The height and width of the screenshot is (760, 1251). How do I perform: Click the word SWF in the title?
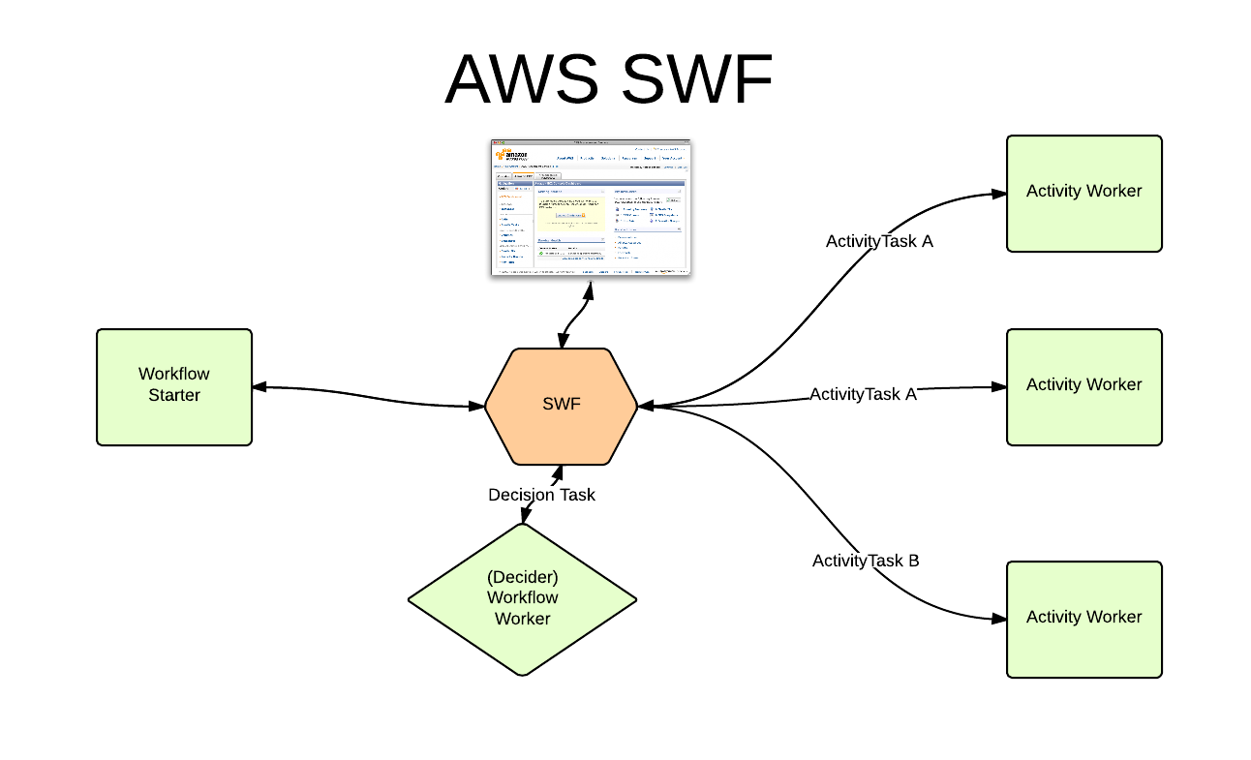tap(697, 79)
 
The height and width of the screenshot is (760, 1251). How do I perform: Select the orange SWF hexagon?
tap(562, 406)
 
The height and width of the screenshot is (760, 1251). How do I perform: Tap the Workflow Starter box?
tap(174, 386)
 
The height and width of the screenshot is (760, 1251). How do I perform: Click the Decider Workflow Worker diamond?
tap(523, 598)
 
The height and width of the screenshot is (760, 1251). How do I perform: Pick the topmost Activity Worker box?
tap(1083, 193)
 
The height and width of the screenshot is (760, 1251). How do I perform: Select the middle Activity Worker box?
tap(1083, 386)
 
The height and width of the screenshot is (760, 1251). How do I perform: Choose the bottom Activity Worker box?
tap(1083, 619)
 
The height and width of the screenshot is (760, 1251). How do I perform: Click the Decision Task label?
tap(541, 495)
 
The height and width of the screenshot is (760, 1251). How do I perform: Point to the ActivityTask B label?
tap(866, 561)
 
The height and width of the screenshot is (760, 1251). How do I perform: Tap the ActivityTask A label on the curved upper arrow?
tap(879, 241)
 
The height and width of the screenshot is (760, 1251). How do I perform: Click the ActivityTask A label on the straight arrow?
tap(863, 394)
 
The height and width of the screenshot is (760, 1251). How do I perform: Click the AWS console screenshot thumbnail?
tap(592, 207)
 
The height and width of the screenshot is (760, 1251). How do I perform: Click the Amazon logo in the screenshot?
tap(511, 155)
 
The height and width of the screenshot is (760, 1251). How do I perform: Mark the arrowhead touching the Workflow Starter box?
tap(259, 387)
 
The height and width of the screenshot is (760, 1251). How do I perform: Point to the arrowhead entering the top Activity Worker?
tap(999, 194)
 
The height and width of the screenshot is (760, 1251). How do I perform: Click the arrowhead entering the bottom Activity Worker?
tap(999, 619)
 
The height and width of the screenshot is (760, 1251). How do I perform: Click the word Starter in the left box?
tap(174, 395)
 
